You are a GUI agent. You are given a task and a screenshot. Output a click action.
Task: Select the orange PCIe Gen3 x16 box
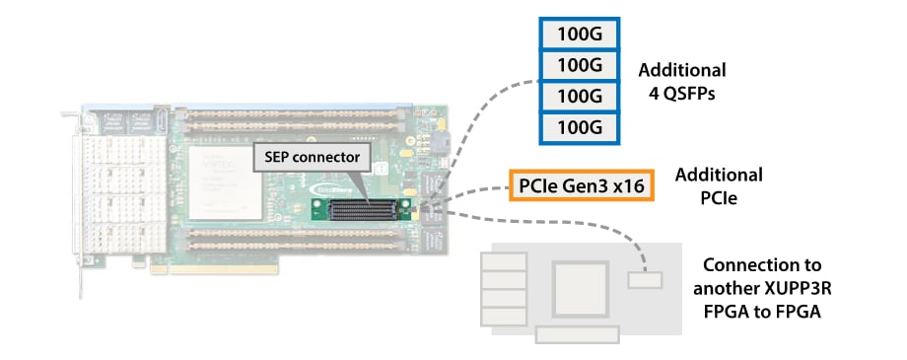pos(582,185)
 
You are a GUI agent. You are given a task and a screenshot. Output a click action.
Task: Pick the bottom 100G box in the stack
pos(580,127)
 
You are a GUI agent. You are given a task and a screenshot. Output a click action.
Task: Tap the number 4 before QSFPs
pos(647,97)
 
